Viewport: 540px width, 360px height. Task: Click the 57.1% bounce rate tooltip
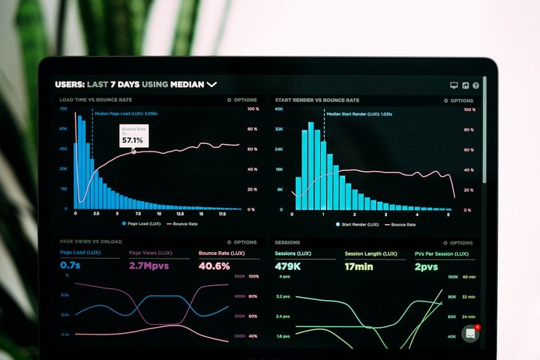(x=133, y=136)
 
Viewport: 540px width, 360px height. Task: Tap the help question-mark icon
(x=476, y=85)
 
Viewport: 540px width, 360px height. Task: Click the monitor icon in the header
(x=454, y=85)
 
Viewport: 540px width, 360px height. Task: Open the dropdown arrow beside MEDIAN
(x=211, y=85)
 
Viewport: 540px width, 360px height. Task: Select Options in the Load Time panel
(x=242, y=100)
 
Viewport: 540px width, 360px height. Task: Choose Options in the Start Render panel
(x=458, y=100)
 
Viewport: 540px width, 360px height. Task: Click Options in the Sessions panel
(x=458, y=243)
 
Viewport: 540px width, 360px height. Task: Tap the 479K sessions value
(x=288, y=266)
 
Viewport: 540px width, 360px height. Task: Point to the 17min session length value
(x=358, y=266)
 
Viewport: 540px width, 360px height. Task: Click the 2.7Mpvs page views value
(x=149, y=266)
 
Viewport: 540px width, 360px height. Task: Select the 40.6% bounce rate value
(x=214, y=266)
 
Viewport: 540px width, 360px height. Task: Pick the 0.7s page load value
(x=70, y=266)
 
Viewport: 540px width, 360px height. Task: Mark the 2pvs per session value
(x=427, y=266)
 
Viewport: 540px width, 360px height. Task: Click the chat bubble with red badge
(x=470, y=334)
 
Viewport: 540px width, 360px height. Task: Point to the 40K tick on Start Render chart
(x=278, y=109)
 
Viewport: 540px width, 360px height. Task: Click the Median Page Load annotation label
(x=126, y=113)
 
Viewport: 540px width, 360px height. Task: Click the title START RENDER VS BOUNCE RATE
(x=316, y=100)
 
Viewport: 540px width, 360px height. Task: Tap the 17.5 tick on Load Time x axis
(x=223, y=214)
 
